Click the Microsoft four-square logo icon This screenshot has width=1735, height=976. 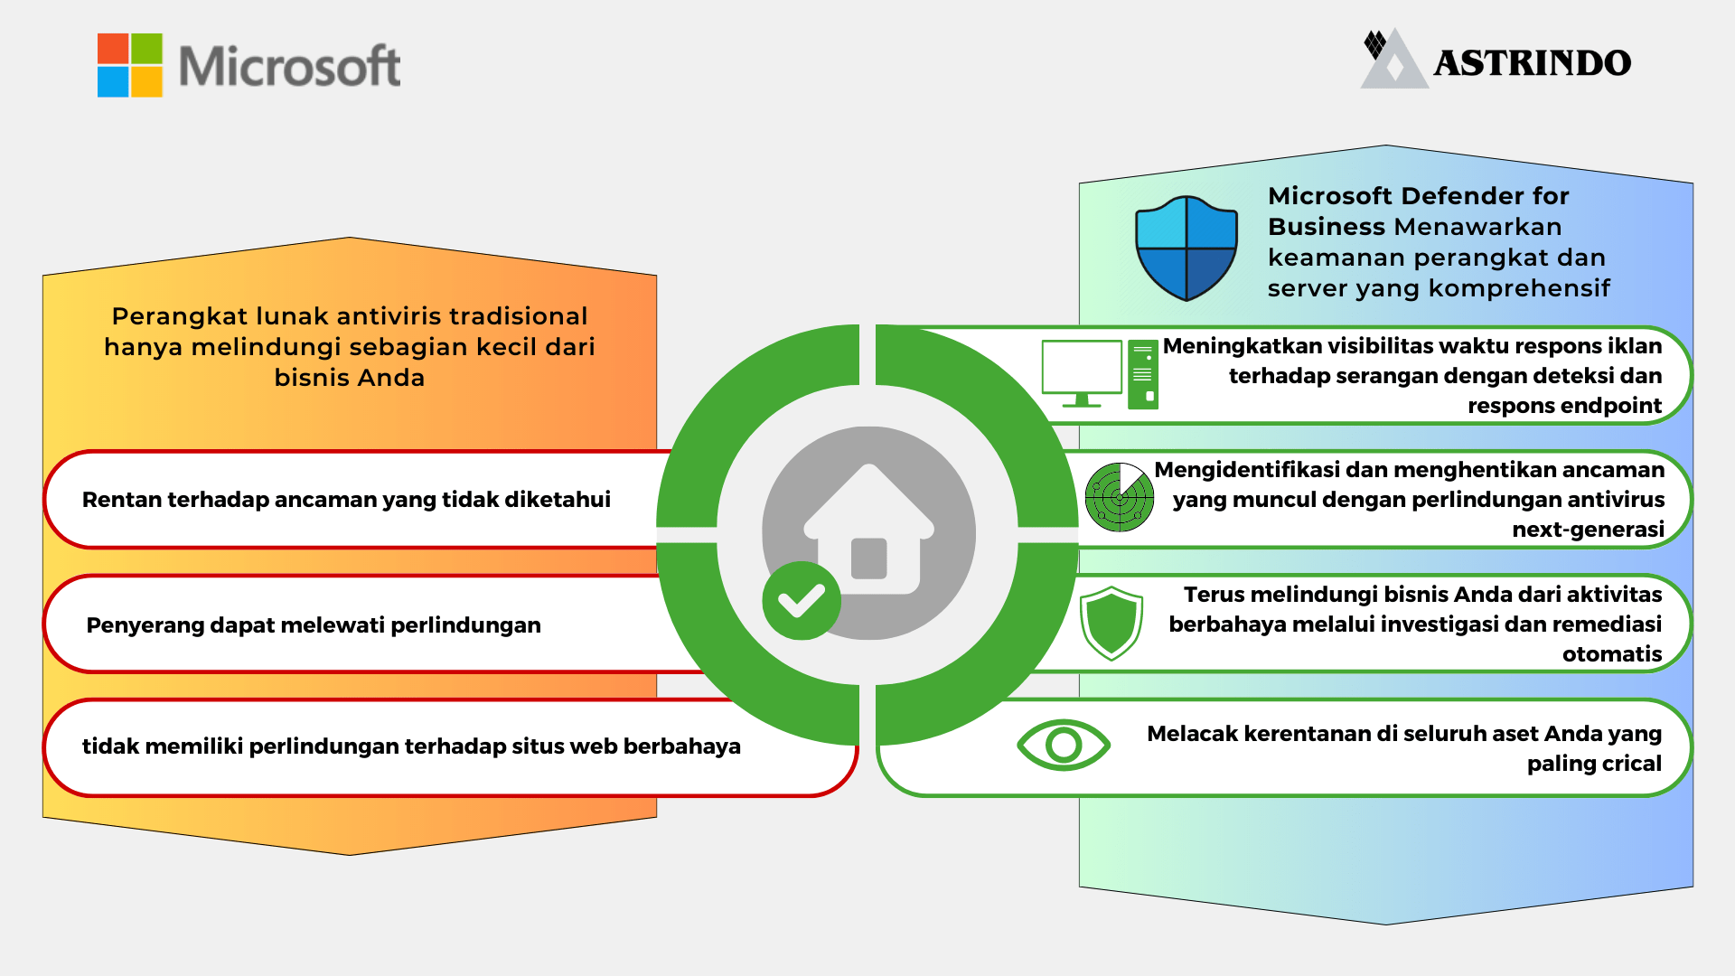pos(130,65)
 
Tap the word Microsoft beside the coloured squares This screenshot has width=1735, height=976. pos(289,66)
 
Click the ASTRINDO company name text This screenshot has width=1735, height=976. pos(1533,63)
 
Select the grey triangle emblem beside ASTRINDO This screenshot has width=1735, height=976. pos(1393,61)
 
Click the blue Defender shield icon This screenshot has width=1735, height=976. pos(1186,248)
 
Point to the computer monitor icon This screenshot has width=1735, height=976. pos(1082,371)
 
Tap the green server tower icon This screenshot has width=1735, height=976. pos(1143,374)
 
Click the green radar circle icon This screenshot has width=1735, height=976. pos(1120,497)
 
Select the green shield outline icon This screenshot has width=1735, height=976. pos(1111,623)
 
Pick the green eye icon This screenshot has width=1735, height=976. pos(1064,745)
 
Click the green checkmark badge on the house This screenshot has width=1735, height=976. pos(802,601)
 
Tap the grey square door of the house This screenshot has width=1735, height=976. pos(869,558)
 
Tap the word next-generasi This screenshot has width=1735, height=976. pos(1588,530)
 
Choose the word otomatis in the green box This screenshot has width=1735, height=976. pos(1612,654)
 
